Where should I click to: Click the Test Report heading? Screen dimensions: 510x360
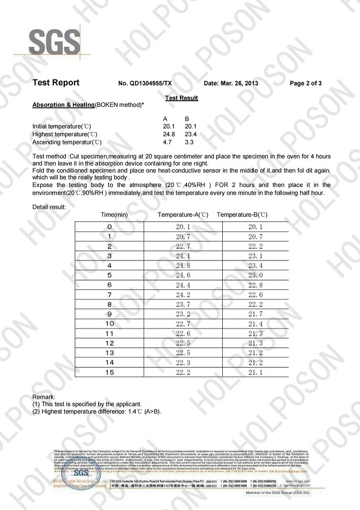point(56,83)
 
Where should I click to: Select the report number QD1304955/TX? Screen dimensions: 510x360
point(145,84)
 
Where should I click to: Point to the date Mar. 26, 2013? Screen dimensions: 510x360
point(231,84)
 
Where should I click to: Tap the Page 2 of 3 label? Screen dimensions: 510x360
point(306,84)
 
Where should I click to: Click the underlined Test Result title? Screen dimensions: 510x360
point(181,98)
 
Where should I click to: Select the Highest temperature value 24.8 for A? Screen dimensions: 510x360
point(169,134)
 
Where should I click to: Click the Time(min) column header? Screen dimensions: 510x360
point(114,215)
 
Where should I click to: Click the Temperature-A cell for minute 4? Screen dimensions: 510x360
point(182,265)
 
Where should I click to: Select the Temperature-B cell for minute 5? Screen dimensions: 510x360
point(255,275)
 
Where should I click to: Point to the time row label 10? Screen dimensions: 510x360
point(109,324)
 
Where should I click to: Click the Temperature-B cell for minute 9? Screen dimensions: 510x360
point(255,314)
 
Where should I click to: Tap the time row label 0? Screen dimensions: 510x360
point(109,227)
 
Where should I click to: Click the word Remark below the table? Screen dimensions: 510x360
point(44,397)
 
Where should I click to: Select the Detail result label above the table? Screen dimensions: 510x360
point(49,207)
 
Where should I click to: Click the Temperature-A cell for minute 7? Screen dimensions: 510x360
point(182,295)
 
